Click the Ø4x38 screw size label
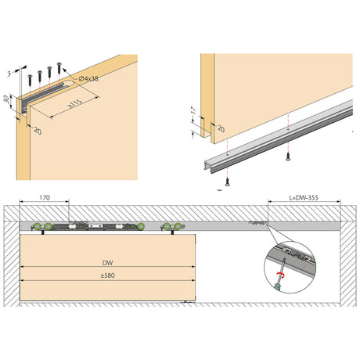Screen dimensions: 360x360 pos(88,78)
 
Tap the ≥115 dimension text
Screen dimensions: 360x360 pos(75,103)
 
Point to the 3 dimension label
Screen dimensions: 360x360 pos(9,74)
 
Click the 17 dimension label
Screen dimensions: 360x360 pos(193,110)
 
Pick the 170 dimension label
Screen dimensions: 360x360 pos(45,198)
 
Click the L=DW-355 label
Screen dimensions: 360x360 pos(304,198)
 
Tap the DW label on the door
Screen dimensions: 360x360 pos(108,263)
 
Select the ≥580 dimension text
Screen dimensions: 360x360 pos(108,275)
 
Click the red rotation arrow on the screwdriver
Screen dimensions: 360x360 pos(280,274)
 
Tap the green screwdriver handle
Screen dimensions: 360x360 pos(278,287)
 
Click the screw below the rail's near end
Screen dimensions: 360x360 pos(228,182)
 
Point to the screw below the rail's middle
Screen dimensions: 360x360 pos(288,156)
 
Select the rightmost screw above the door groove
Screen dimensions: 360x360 pos(59,67)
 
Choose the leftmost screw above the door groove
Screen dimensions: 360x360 pos(31,80)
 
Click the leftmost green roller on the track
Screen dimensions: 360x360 pos(38,226)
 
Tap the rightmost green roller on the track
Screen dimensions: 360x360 pos(178,226)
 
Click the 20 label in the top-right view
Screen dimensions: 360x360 pos(221,128)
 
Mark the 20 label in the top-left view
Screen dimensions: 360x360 pos(38,131)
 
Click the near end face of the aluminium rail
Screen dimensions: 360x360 pos(209,167)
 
